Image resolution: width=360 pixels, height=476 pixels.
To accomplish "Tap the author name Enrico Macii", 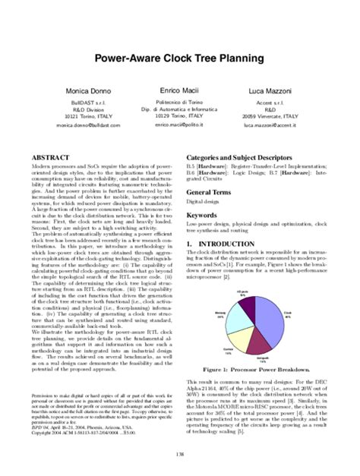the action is [x=180, y=90].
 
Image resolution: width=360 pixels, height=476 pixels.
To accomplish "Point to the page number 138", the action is [x=180, y=454].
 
